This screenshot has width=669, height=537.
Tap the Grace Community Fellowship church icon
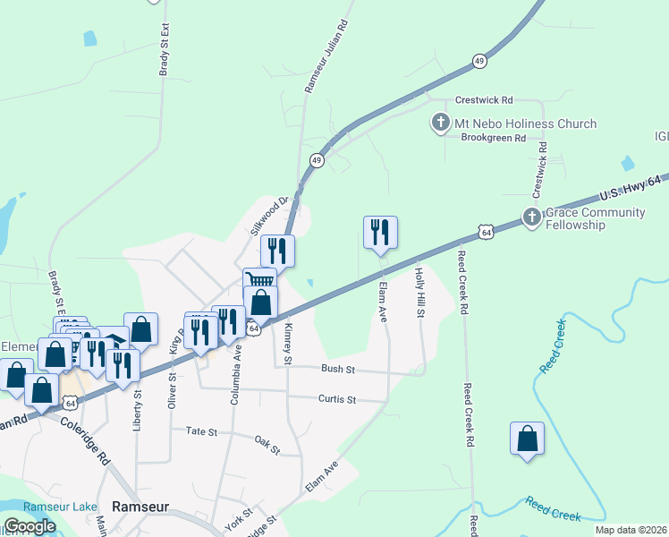531,216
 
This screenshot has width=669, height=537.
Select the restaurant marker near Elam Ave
380,233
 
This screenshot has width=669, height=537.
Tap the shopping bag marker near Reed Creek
527,439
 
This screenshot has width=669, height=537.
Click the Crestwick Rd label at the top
483,100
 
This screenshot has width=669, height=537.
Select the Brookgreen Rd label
491,138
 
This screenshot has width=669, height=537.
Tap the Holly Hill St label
419,292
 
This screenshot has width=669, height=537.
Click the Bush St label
339,369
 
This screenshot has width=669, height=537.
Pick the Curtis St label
337,399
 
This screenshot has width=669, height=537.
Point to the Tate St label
201,431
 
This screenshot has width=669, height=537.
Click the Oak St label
267,444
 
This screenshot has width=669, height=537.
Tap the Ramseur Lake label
60,507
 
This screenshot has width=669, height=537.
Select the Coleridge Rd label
92,444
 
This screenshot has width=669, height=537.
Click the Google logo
30,526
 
